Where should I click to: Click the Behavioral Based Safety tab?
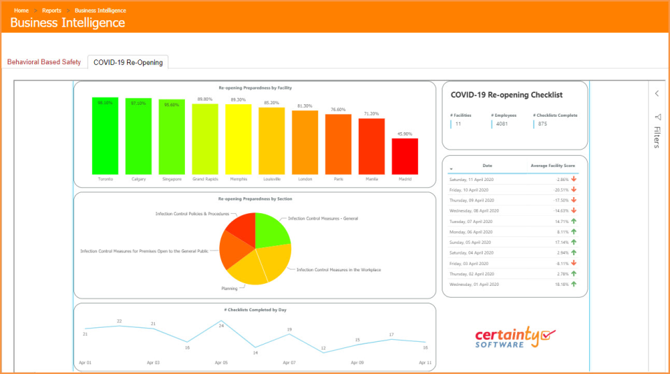click(x=44, y=62)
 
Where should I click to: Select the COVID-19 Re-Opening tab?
click(x=128, y=62)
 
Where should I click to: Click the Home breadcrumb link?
click(x=21, y=10)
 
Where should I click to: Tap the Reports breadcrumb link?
click(x=51, y=10)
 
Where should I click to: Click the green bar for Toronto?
click(x=105, y=136)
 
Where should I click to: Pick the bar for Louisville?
click(x=271, y=141)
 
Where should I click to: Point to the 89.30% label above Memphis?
click(x=238, y=100)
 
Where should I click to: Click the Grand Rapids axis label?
click(x=205, y=179)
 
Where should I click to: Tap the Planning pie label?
click(x=230, y=287)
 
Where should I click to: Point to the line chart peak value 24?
click(x=221, y=325)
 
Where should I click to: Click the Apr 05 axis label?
click(x=221, y=364)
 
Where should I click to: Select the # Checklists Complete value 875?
click(x=543, y=124)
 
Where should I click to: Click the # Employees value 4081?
click(x=502, y=124)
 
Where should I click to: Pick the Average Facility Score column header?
click(x=553, y=166)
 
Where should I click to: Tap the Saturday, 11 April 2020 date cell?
click(x=470, y=180)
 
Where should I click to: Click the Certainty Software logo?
click(x=515, y=338)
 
